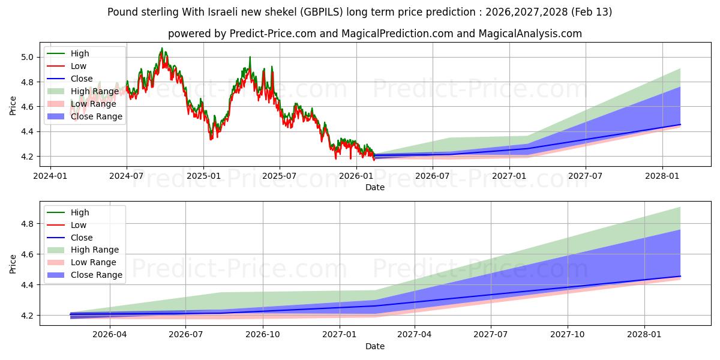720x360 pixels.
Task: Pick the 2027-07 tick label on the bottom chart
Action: click(491, 335)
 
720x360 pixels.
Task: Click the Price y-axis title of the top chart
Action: click(13, 106)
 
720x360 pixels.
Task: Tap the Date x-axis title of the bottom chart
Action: click(375, 346)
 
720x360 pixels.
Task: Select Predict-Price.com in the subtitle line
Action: click(273, 34)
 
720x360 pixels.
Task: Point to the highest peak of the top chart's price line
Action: click(161, 49)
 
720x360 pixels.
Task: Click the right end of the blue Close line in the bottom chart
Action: click(680, 276)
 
